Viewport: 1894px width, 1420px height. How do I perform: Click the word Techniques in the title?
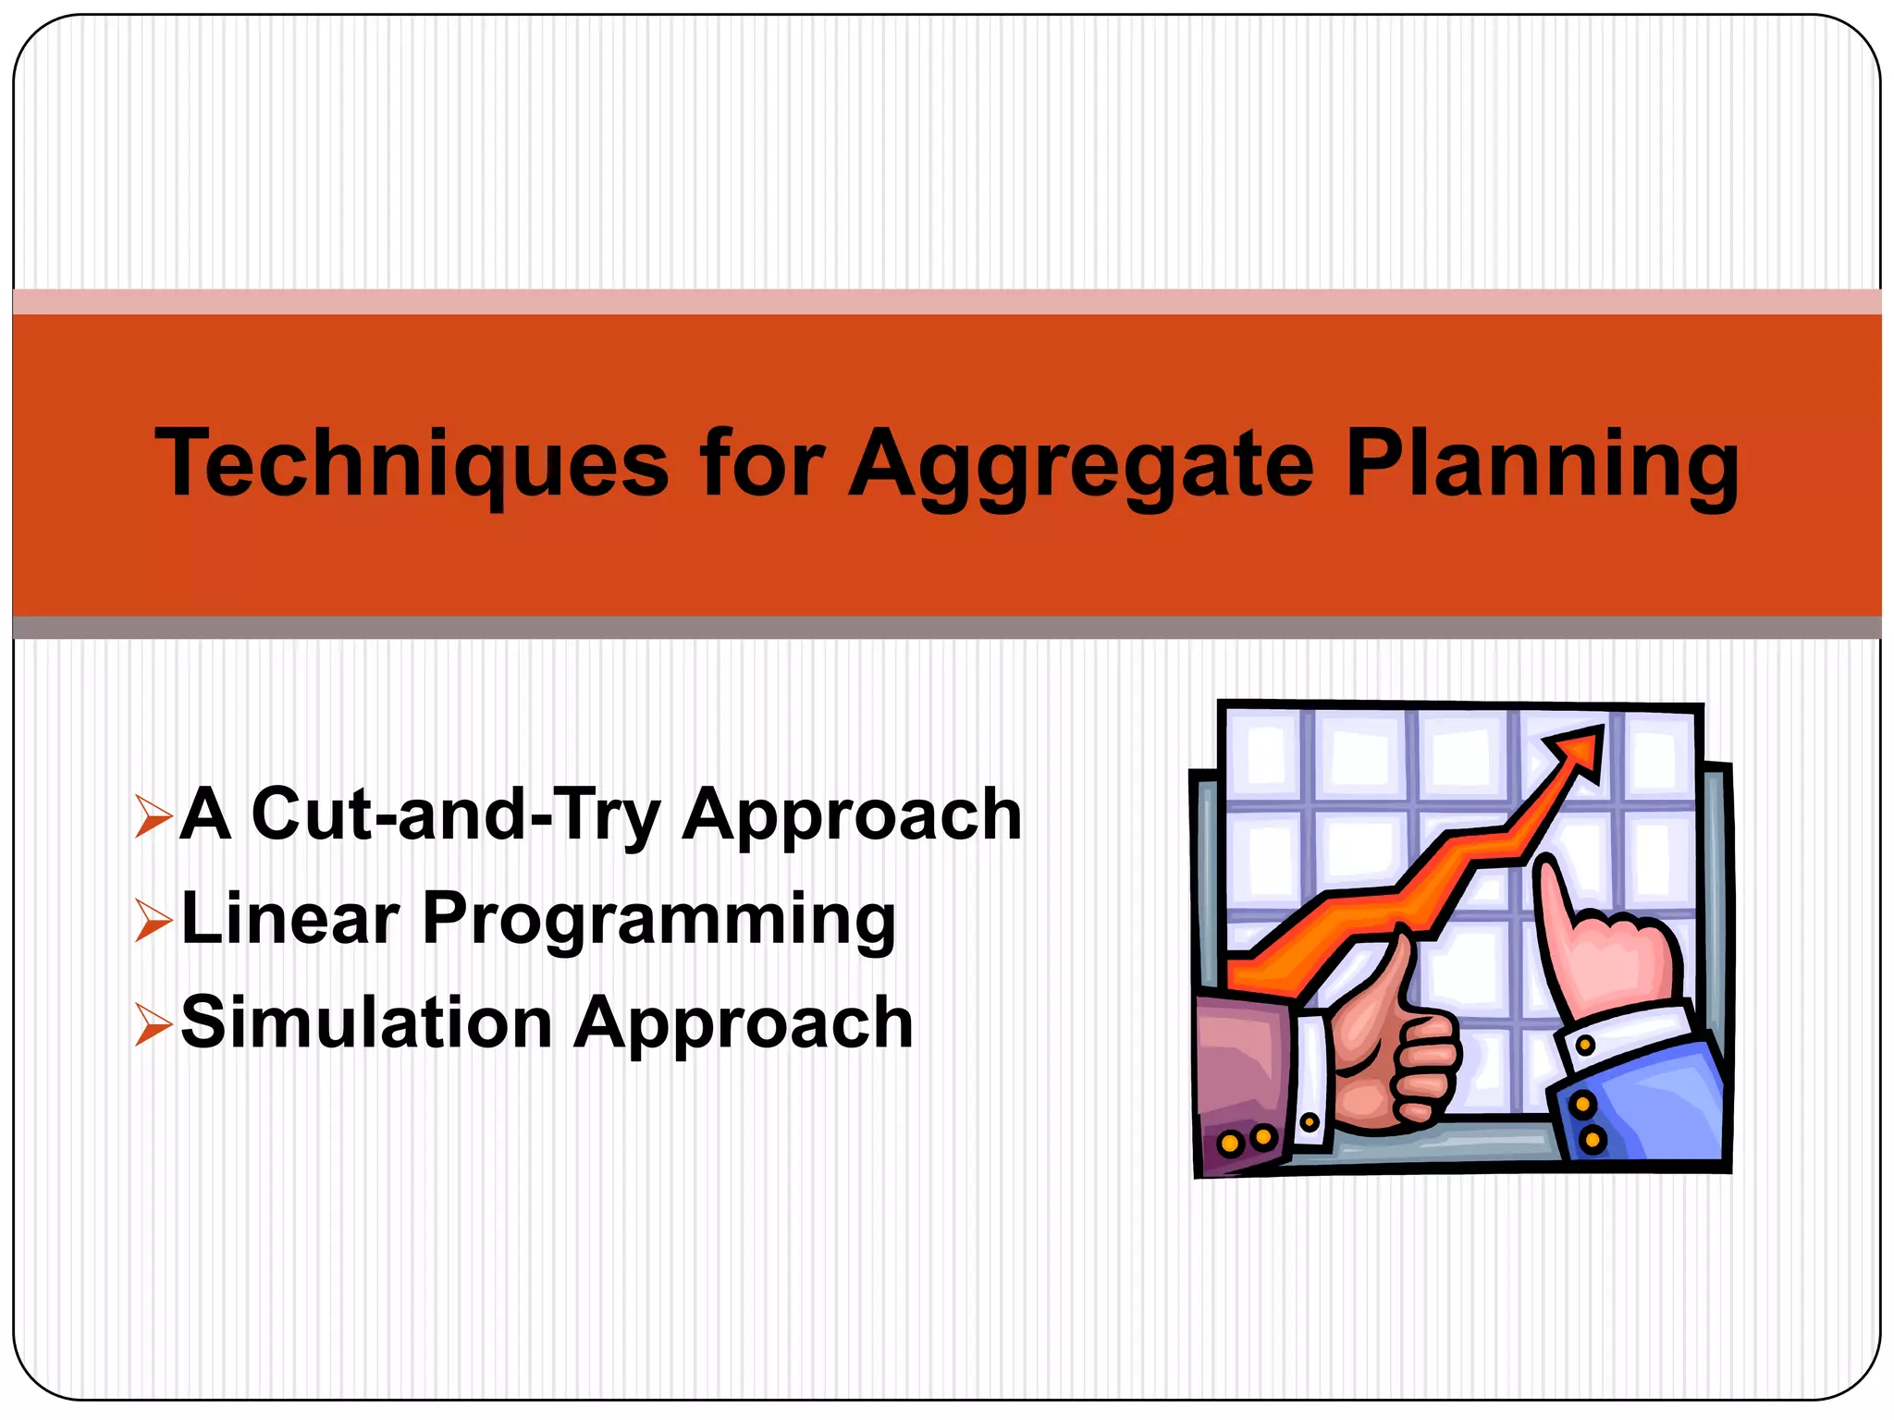(x=412, y=464)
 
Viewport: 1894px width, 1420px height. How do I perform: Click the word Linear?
(x=290, y=919)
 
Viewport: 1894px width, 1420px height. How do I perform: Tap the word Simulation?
(x=366, y=1022)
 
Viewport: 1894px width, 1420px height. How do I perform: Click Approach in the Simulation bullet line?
(x=744, y=1024)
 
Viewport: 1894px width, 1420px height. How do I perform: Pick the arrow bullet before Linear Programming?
(x=153, y=920)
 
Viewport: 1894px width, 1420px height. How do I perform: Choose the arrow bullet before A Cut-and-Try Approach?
(x=153, y=815)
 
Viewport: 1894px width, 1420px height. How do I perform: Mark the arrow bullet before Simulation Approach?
(x=153, y=1024)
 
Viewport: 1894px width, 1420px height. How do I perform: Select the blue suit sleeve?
(x=1646, y=1109)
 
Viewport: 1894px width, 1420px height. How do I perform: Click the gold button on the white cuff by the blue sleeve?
(x=1585, y=1046)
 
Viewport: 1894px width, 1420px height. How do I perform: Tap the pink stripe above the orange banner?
(x=947, y=301)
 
